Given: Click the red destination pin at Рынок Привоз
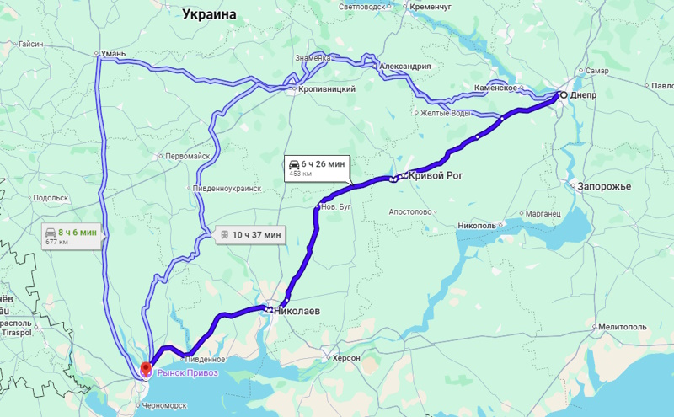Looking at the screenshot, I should point(145,369).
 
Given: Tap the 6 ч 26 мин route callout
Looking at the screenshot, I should point(316,167).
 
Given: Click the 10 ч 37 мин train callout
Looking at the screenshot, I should point(251,235).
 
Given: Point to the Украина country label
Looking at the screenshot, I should point(210,13).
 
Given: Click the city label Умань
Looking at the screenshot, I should point(113,54).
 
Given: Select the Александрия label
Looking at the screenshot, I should point(404,67).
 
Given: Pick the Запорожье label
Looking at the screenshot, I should point(604,186).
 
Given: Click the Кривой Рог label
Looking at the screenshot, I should point(437,175).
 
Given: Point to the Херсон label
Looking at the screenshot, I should point(346,358).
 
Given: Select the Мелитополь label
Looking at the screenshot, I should point(623,327).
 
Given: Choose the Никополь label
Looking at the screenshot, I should point(477,225).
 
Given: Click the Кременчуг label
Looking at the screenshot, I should point(431,6).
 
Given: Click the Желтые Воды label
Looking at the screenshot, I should point(446,113).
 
